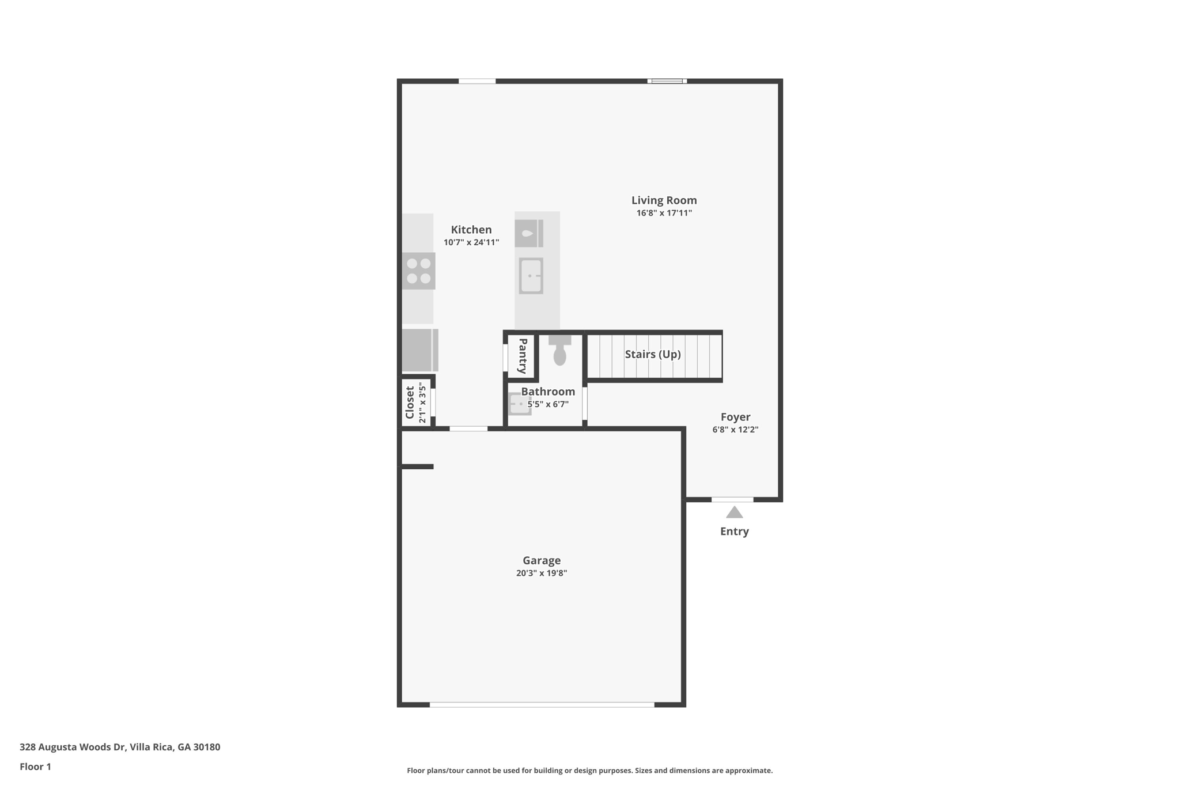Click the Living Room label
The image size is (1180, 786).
(x=664, y=200)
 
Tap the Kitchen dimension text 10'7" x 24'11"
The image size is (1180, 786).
(x=471, y=242)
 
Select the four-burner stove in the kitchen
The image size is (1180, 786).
(x=419, y=271)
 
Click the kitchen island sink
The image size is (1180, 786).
(x=531, y=276)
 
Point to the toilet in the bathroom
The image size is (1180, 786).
(x=559, y=350)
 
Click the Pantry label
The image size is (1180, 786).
(x=523, y=356)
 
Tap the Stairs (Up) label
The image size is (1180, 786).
(x=653, y=354)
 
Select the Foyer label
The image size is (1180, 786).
(x=735, y=417)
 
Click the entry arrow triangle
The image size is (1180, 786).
(x=734, y=512)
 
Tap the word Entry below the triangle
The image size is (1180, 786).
(x=734, y=531)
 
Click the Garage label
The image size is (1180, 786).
(x=542, y=560)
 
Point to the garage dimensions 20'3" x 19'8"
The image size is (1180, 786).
(x=542, y=573)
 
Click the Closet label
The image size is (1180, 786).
(x=410, y=403)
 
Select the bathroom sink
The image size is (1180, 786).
(x=520, y=404)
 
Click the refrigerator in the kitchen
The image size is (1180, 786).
(x=420, y=350)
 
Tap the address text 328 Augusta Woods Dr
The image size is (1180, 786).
(x=72, y=747)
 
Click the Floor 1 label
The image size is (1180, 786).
(x=35, y=766)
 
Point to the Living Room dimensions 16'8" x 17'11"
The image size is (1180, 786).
(x=664, y=213)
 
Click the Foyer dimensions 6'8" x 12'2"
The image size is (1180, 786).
(x=735, y=430)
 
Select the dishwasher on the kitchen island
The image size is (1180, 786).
(x=529, y=233)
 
